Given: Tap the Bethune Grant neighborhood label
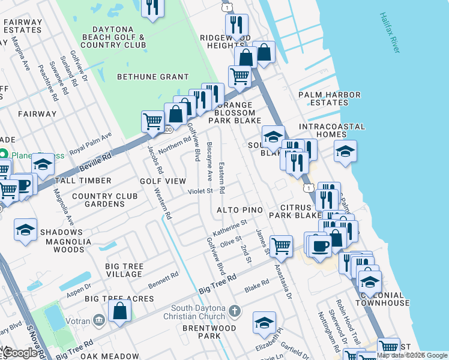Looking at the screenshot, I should (x=152, y=77).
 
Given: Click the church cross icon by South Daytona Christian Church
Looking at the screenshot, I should (x=235, y=311).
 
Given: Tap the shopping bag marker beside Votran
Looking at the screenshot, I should (x=120, y=310).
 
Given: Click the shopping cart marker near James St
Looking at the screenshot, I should (x=281, y=245).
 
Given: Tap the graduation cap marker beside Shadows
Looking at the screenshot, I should (x=26, y=230).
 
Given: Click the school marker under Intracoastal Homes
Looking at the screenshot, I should (x=345, y=151).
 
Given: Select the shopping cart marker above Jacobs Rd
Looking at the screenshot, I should (x=153, y=121).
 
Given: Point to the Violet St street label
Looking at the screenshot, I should (x=201, y=191).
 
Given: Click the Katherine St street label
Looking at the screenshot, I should (x=230, y=227).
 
